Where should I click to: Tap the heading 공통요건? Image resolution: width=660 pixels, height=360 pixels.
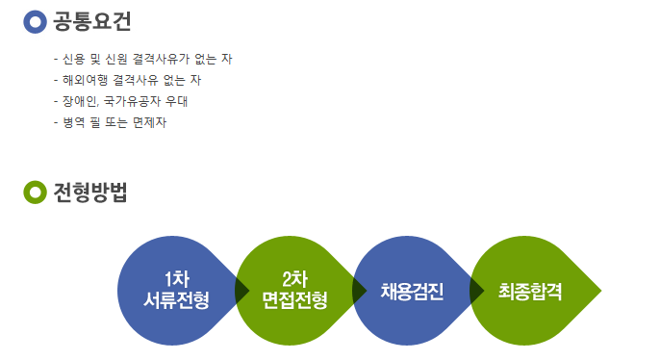point(92,21)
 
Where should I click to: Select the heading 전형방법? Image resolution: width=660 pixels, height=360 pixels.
point(90,193)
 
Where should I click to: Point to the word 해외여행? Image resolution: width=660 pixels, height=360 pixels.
point(85,80)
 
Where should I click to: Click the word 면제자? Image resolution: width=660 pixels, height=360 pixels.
point(149,122)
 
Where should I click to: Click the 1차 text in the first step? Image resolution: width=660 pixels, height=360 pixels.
point(177,279)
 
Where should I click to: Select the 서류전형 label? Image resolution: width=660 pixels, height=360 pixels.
point(176,300)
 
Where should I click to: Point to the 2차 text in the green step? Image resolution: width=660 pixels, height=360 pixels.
point(294,279)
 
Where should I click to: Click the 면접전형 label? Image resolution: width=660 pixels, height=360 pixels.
point(294,300)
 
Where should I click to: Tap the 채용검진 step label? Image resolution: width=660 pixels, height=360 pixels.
point(412,291)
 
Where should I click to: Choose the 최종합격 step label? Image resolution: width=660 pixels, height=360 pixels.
point(530,291)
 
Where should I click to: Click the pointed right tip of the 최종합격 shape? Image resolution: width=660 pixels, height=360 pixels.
point(601,291)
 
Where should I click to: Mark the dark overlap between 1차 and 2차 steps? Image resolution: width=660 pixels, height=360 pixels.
point(241,291)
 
